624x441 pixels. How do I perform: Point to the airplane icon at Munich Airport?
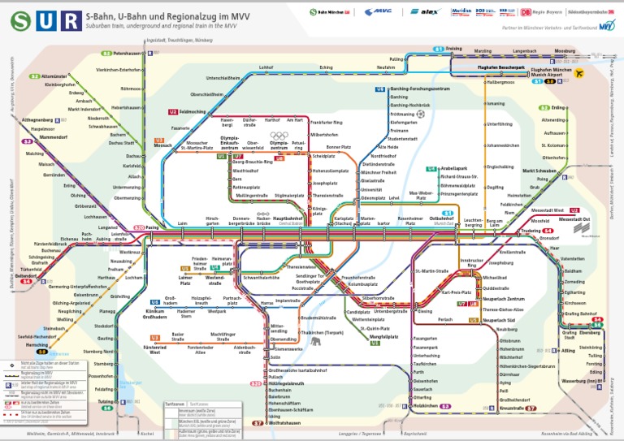point(579,73)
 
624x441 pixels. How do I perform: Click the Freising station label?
point(453,49)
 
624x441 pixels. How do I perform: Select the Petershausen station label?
point(128,53)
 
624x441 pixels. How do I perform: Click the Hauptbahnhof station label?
point(288,218)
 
